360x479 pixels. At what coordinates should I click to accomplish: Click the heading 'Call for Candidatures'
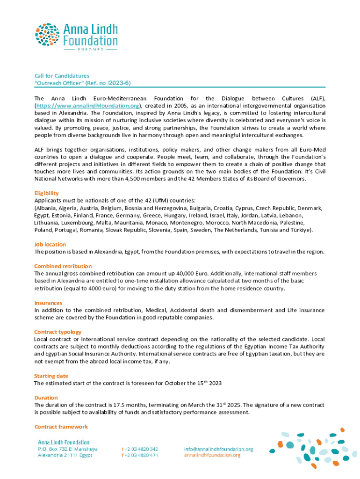(x=62, y=76)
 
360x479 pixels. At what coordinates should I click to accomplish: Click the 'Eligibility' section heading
(x=46, y=193)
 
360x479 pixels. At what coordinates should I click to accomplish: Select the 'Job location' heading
(x=50, y=244)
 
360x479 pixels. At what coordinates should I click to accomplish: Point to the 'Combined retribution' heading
(x=63, y=266)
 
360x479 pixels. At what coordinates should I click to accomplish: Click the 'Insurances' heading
(x=48, y=303)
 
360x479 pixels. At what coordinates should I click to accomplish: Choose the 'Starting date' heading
(x=51, y=376)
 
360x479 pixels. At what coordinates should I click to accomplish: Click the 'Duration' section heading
(x=46, y=398)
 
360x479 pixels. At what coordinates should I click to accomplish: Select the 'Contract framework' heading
(x=61, y=427)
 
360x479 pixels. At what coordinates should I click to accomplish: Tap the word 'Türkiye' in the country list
(x=299, y=230)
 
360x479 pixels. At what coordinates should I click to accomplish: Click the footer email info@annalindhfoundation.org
(x=218, y=449)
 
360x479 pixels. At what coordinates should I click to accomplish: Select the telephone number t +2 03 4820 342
(x=139, y=449)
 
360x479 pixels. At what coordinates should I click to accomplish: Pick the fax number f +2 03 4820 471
(x=139, y=455)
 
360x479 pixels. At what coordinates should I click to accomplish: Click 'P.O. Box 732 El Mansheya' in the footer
(x=68, y=449)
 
